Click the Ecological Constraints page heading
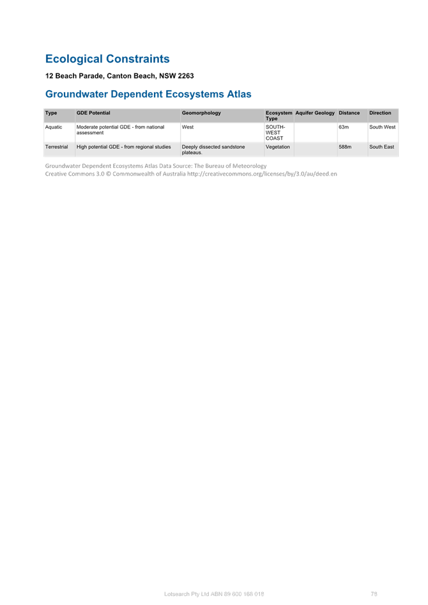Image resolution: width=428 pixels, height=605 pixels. pyautogui.click(x=107, y=59)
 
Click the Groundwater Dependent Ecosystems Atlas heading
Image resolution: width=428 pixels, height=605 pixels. pyautogui.click(x=148, y=94)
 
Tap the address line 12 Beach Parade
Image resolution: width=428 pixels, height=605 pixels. pyautogui.click(x=119, y=76)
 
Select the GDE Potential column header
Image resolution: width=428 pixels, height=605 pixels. pyautogui.click(x=93, y=113)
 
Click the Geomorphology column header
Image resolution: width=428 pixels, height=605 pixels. pyautogui.click(x=201, y=113)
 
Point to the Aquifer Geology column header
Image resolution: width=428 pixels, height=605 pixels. pyautogui.click(x=315, y=113)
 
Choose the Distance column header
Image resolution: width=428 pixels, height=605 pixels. pyautogui.click(x=349, y=113)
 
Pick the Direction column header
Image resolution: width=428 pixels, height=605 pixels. pyautogui.click(x=379, y=113)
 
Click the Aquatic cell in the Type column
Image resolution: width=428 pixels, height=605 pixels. pyautogui.click(x=53, y=127)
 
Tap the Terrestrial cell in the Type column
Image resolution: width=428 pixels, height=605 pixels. pyautogui.click(x=56, y=147)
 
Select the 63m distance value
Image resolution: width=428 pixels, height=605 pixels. pyautogui.click(x=344, y=127)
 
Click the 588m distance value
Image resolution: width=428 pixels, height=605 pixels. pyautogui.click(x=345, y=147)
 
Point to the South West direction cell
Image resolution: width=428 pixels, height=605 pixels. pyautogui.click(x=382, y=127)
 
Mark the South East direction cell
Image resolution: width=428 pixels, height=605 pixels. pyautogui.click(x=381, y=147)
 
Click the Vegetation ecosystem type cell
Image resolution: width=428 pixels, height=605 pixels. pyautogui.click(x=277, y=147)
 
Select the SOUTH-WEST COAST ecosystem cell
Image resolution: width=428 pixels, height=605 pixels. pyautogui.click(x=275, y=132)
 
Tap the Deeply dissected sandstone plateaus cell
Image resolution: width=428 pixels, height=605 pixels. pyautogui.click(x=213, y=149)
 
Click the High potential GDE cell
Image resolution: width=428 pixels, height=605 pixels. pyautogui.click(x=123, y=147)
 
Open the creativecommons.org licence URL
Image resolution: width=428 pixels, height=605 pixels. pyautogui.click(x=262, y=174)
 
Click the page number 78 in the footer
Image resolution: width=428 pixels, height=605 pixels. pyautogui.click(x=374, y=594)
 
